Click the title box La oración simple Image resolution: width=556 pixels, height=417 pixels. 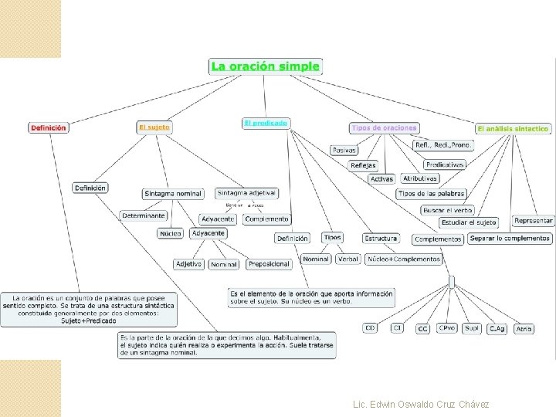pyautogui.click(x=265, y=66)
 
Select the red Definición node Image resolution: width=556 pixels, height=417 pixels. pyautogui.click(x=48, y=127)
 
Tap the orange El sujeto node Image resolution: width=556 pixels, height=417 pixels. pyautogui.click(x=154, y=127)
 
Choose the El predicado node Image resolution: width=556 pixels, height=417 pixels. pyautogui.click(x=266, y=123)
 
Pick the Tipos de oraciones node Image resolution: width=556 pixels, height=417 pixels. pyautogui.click(x=384, y=127)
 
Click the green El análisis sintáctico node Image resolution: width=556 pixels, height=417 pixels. pyautogui.click(x=513, y=128)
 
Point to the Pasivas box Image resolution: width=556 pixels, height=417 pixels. pyautogui.click(x=344, y=150)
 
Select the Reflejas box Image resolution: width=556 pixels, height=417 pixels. pyautogui.click(x=363, y=165)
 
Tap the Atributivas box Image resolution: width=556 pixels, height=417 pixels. pyautogui.click(x=420, y=178)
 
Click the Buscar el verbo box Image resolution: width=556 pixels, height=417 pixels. pyautogui.click(x=448, y=210)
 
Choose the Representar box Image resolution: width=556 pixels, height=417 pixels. pyautogui.click(x=534, y=221)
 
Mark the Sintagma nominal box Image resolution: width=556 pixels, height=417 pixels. pyautogui.click(x=173, y=194)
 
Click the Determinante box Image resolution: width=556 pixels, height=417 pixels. pyautogui.click(x=143, y=215)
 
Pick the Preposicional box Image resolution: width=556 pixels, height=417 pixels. pyautogui.click(x=269, y=264)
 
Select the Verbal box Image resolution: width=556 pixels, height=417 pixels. pyautogui.click(x=348, y=259)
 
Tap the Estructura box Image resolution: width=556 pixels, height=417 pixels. pyautogui.click(x=381, y=239)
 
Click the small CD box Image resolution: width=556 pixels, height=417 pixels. pyautogui.click(x=371, y=328)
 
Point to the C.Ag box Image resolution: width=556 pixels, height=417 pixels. pyautogui.click(x=497, y=329)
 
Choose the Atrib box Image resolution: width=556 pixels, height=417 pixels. pyautogui.click(x=524, y=329)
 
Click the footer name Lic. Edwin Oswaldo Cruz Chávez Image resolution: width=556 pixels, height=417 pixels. pyautogui.click(x=420, y=404)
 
